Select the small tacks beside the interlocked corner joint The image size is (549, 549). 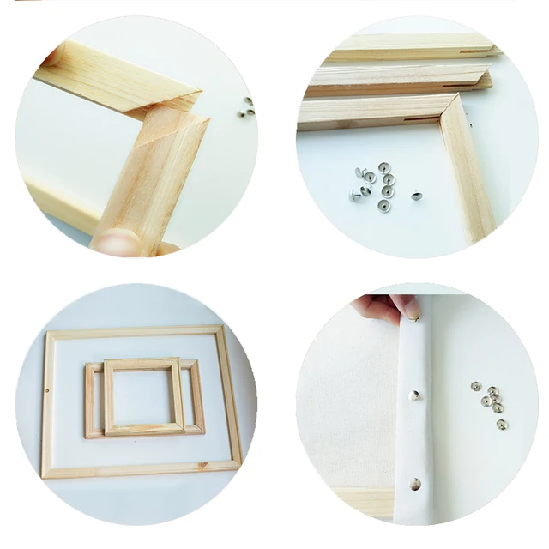click(x=247, y=106)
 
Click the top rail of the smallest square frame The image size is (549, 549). click(x=142, y=365)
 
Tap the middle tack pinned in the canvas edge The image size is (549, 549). click(x=415, y=395)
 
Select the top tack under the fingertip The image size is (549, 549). click(x=415, y=319)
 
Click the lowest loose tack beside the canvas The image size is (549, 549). click(x=502, y=424)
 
